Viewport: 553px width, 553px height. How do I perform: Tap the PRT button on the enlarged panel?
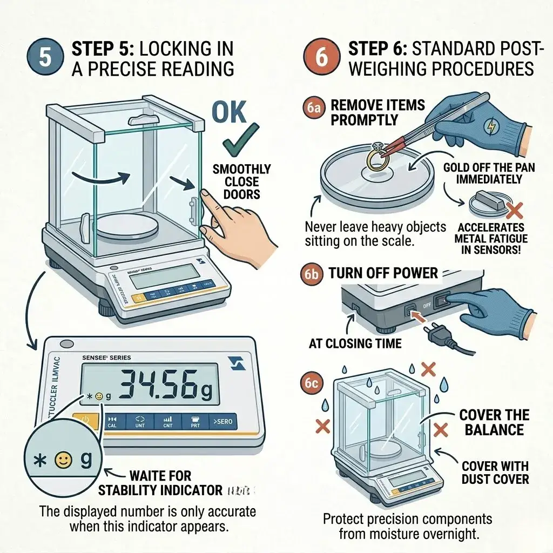pyautogui.click(x=195, y=422)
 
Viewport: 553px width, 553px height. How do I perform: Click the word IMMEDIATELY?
pyautogui.click(x=489, y=179)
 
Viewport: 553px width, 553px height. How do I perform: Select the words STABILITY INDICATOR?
pyautogui.click(x=160, y=490)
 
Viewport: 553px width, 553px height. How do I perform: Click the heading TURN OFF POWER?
pyautogui.click(x=383, y=273)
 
